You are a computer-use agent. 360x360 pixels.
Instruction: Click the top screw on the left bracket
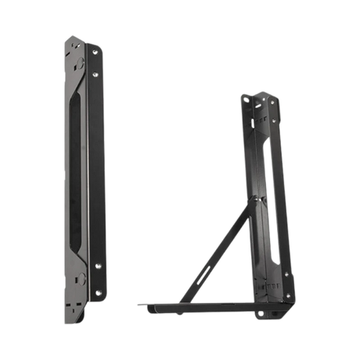(94, 52)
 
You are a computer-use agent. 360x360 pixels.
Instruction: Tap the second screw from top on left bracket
(95, 74)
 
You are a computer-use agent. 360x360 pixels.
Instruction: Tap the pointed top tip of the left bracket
(71, 35)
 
